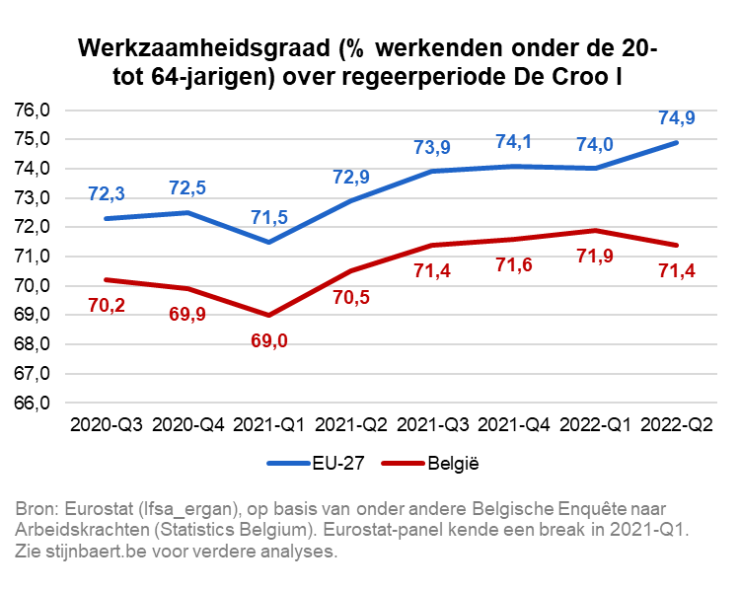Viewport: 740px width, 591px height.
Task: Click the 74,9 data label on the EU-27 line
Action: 677,118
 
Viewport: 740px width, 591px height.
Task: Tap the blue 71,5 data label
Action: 269,216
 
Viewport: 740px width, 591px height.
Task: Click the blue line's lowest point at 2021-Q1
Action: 269,242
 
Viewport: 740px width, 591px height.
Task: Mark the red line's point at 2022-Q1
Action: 595,231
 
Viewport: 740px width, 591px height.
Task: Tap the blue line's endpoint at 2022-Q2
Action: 677,142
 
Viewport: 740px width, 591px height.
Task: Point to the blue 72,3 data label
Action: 106,192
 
